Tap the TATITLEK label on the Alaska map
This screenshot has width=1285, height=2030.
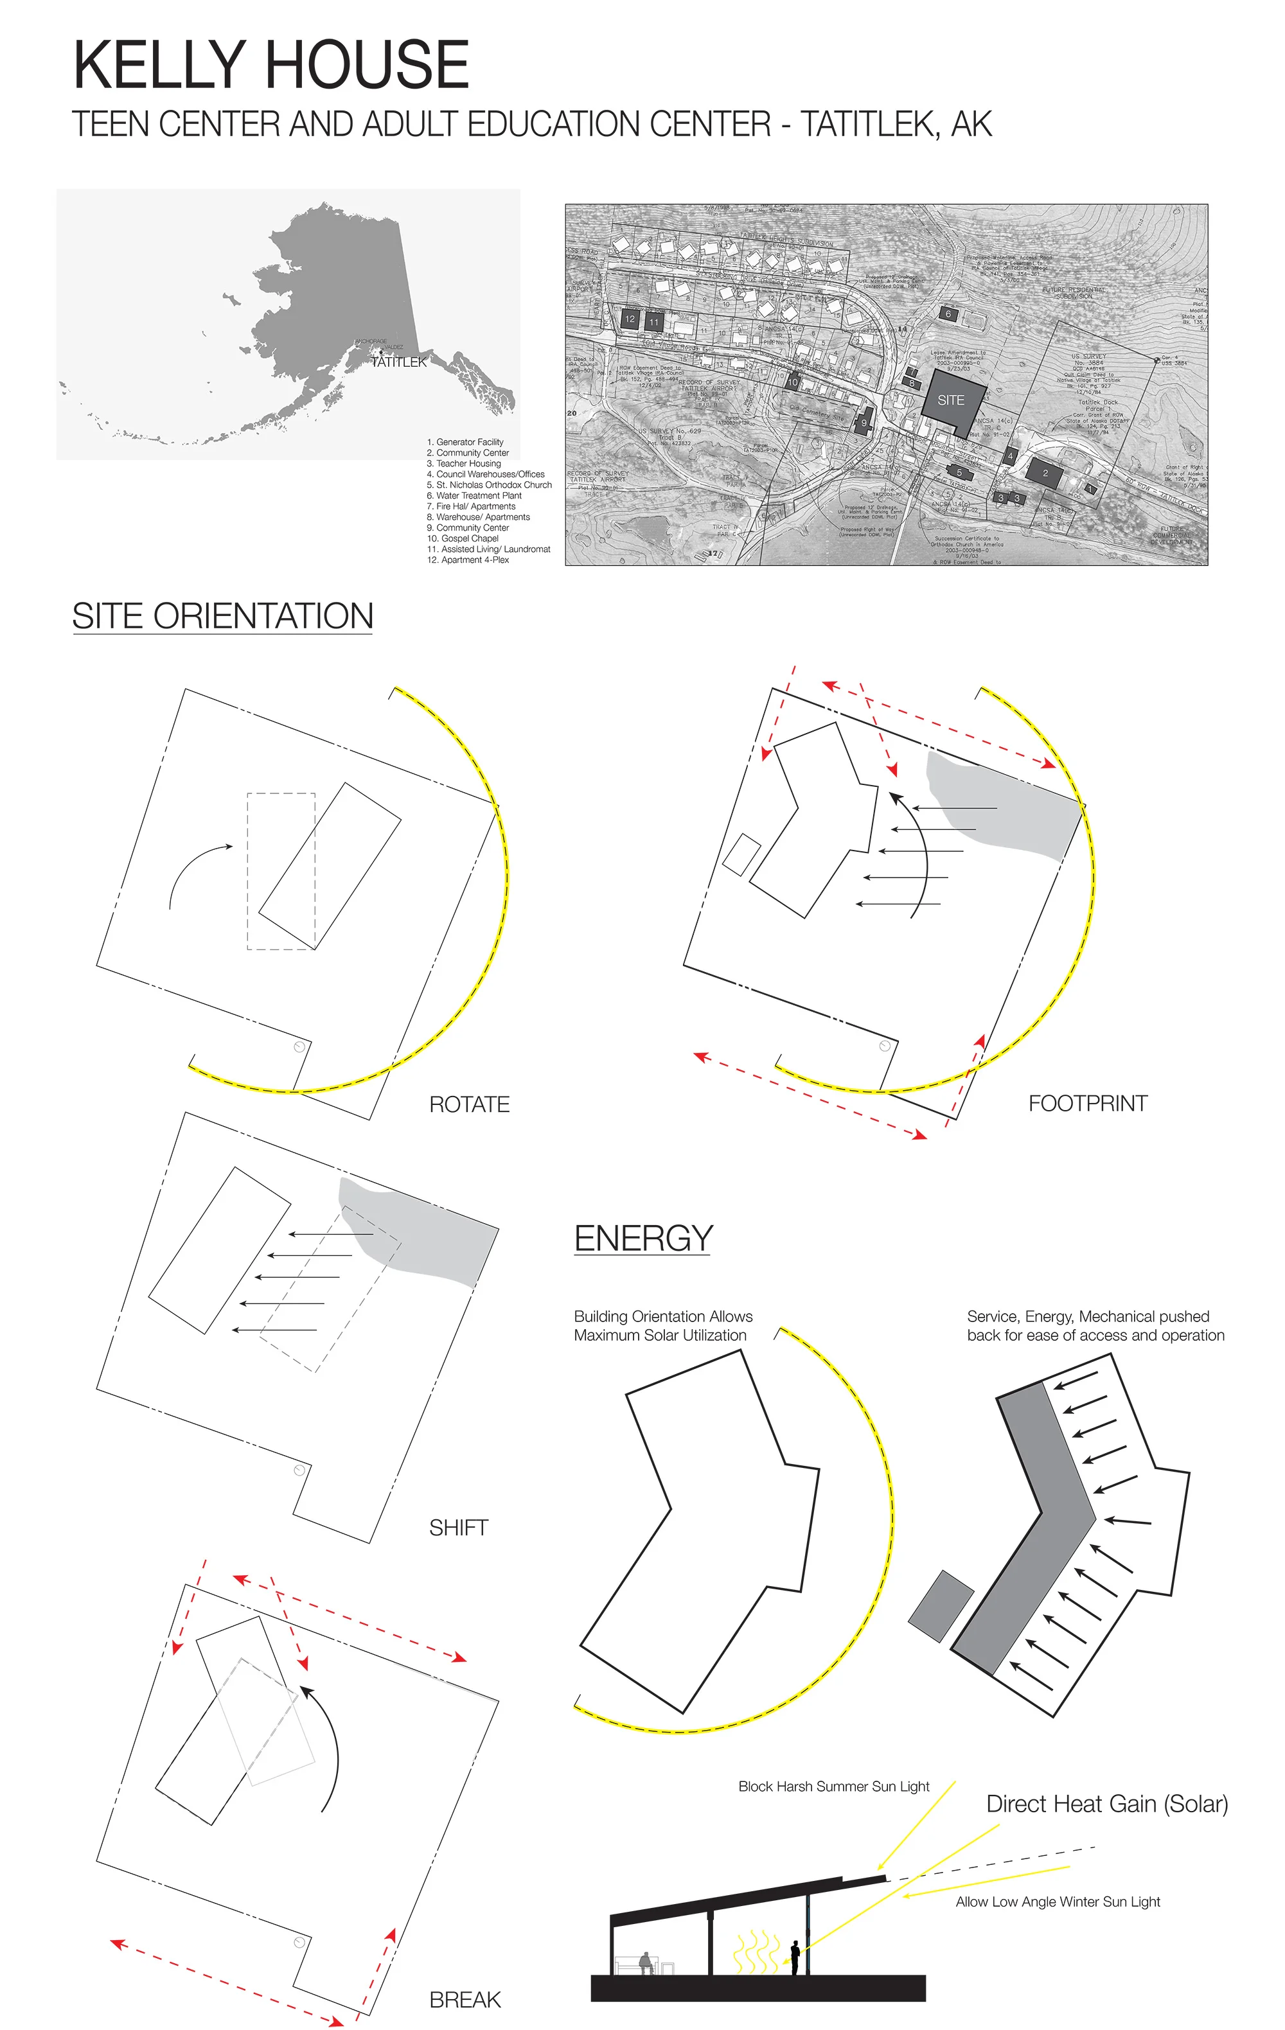click(x=399, y=362)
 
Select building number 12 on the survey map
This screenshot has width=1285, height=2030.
click(x=629, y=319)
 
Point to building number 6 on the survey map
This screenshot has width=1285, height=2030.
click(x=948, y=313)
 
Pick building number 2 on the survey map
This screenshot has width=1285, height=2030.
click(x=1045, y=473)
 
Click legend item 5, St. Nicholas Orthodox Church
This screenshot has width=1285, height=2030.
click(x=489, y=485)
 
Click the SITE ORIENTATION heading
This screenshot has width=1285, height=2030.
click(x=222, y=616)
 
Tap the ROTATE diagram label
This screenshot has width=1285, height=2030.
click(x=469, y=1104)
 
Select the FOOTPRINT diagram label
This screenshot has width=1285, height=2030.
click(x=1087, y=1104)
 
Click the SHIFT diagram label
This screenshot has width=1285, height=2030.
click(x=458, y=1528)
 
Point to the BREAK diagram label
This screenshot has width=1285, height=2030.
click(x=465, y=2000)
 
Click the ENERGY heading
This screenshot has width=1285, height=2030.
click(x=643, y=1239)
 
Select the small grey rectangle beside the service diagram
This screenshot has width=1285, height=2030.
click(x=940, y=1606)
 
